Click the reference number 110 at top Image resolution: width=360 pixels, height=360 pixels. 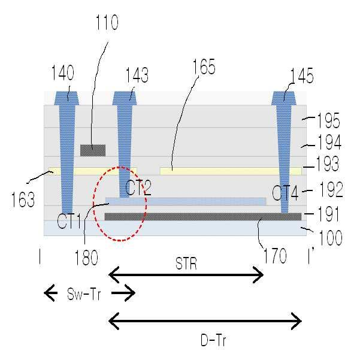click(107, 22)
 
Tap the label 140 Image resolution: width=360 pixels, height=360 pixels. click(63, 72)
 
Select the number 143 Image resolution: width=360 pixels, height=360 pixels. click(137, 75)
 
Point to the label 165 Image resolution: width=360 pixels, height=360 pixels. click(204, 66)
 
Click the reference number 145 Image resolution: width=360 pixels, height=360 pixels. click(302, 75)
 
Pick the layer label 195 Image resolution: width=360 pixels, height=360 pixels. click(328, 120)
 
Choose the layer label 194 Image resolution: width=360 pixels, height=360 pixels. click(329, 142)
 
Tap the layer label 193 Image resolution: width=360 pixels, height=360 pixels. click(328, 164)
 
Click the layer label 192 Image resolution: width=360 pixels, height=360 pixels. click(331, 189)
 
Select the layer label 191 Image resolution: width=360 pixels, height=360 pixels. click(328, 213)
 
